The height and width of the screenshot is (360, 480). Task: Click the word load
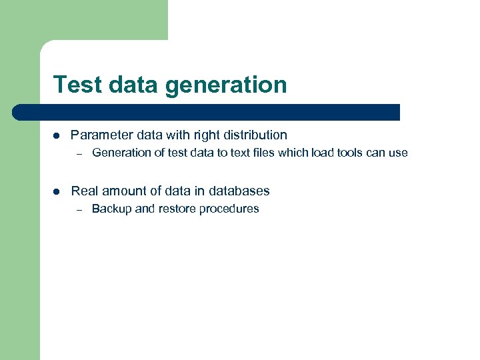pyautogui.click(x=322, y=153)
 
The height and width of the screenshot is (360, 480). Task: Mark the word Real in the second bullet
pyautogui.click(x=85, y=191)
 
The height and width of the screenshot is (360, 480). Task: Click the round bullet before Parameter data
pyautogui.click(x=56, y=135)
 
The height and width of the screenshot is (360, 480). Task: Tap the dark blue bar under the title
pyautogui.click(x=207, y=112)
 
